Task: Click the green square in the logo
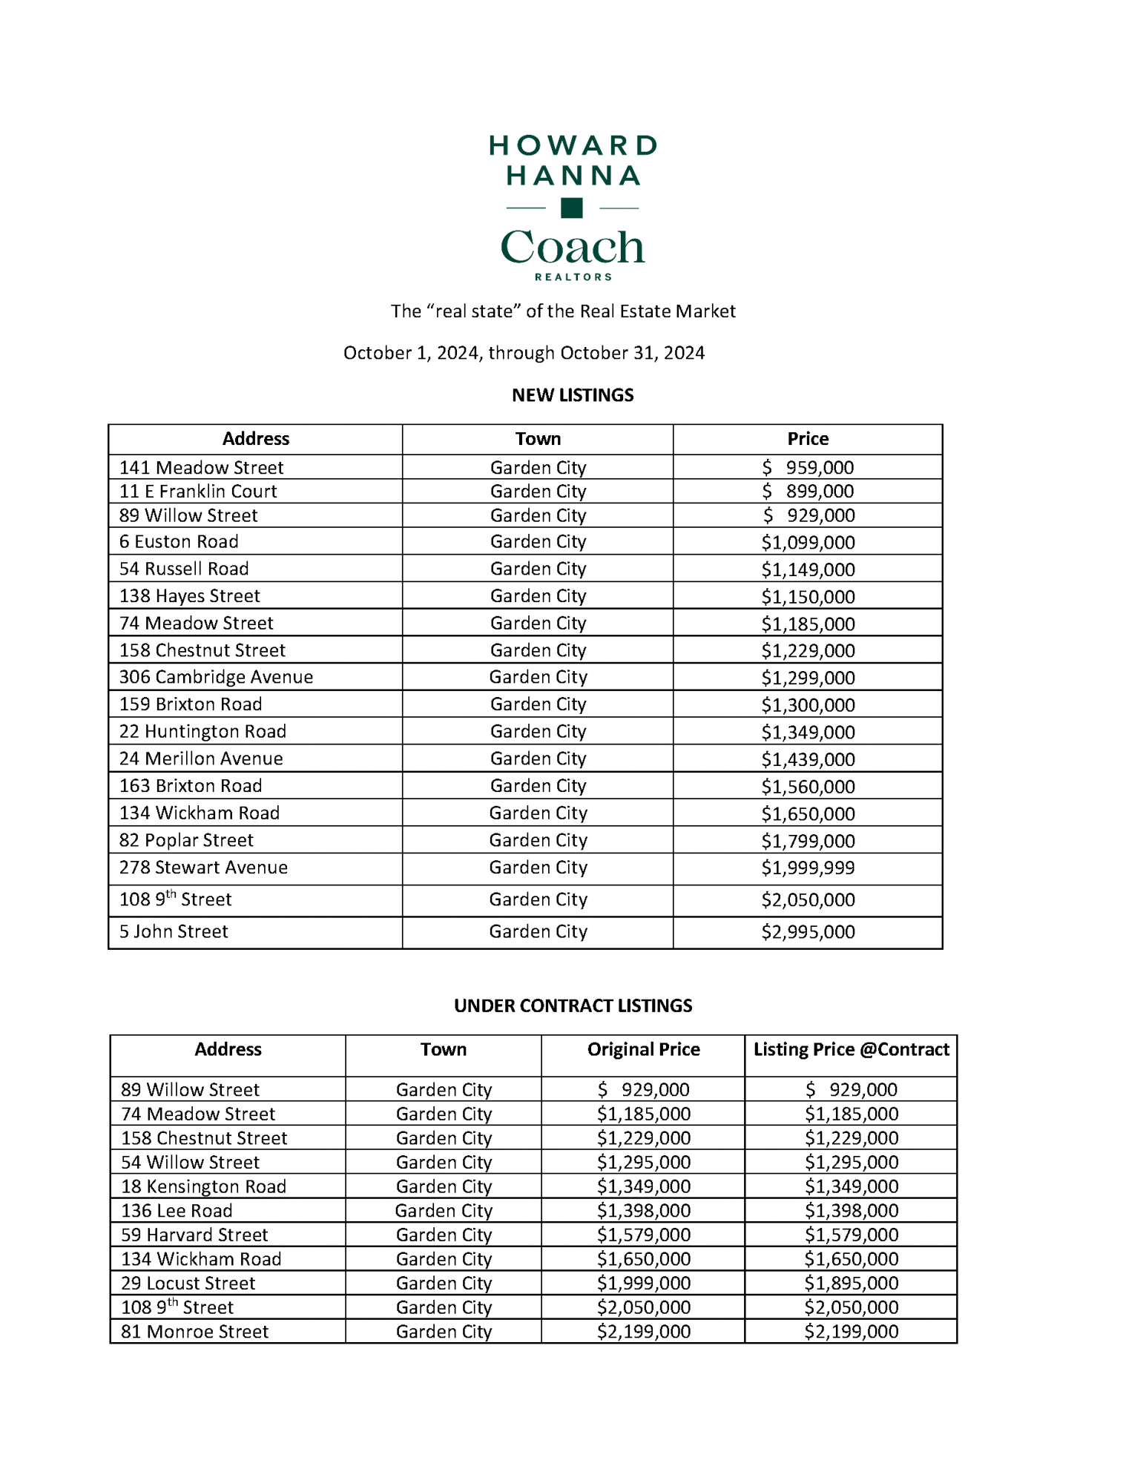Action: pos(571,208)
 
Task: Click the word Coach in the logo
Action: pos(572,247)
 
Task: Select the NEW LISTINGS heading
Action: pos(573,395)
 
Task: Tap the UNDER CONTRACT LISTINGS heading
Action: pos(573,1005)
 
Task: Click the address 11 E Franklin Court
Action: pos(198,491)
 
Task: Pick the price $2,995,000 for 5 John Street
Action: pos(808,932)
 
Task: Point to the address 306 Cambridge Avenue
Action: pos(216,677)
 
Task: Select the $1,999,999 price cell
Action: pos(808,868)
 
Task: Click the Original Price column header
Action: pos(643,1049)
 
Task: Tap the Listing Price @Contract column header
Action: pos(851,1049)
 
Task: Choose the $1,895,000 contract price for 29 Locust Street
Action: pos(851,1283)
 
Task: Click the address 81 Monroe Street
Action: pos(194,1332)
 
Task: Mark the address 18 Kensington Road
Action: pos(203,1186)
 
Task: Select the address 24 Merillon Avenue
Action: pos(201,759)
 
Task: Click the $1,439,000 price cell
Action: pos(808,759)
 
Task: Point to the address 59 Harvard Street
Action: pos(194,1235)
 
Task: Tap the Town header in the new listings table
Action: pos(538,439)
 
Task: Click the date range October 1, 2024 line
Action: pos(524,353)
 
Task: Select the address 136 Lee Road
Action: pos(177,1211)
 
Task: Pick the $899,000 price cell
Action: pos(808,491)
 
